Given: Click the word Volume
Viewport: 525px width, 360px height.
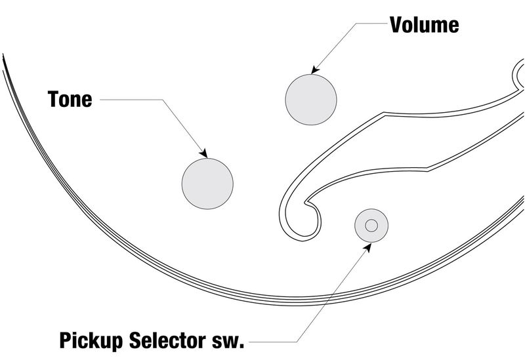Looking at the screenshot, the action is (424, 25).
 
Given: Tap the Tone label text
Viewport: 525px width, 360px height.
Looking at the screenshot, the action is (70, 99).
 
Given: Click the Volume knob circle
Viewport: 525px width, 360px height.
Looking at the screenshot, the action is (311, 100).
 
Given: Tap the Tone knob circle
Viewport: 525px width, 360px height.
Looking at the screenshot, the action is (207, 184).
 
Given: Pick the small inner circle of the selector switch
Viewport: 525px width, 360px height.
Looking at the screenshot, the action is (371, 226).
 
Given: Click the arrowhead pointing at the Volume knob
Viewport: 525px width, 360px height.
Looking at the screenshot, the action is (315, 70).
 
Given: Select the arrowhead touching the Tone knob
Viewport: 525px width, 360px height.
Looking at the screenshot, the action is (203, 153).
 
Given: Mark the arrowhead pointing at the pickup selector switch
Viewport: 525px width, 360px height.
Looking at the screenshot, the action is (367, 247).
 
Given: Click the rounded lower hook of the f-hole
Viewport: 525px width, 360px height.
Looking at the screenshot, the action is (301, 231).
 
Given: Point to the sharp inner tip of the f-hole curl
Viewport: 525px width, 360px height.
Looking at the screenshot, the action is (304, 203).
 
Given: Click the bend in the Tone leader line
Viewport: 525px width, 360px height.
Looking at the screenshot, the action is (163, 100).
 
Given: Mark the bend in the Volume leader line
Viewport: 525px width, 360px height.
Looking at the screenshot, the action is (355, 23).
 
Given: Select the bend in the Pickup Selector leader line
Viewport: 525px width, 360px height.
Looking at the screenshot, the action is (297, 342).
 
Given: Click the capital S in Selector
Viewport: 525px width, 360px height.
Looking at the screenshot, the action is (135, 340).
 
